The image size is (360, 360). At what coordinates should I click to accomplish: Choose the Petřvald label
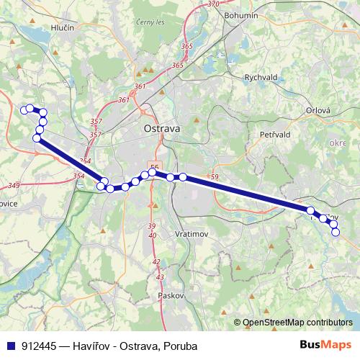(274, 135)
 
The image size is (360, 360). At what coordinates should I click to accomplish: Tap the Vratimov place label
(192, 235)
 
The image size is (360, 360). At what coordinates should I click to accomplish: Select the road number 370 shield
(213, 4)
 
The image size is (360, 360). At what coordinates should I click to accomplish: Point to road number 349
(13, 186)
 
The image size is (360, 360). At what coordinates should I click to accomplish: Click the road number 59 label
(214, 176)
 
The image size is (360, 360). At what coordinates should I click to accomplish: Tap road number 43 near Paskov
(160, 277)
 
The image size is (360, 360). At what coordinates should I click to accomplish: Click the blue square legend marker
(11, 346)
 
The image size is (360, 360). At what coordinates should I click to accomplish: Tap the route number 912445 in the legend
(39, 346)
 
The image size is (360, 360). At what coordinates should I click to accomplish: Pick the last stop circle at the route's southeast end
(335, 232)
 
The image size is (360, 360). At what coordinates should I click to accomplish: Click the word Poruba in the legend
(179, 346)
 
